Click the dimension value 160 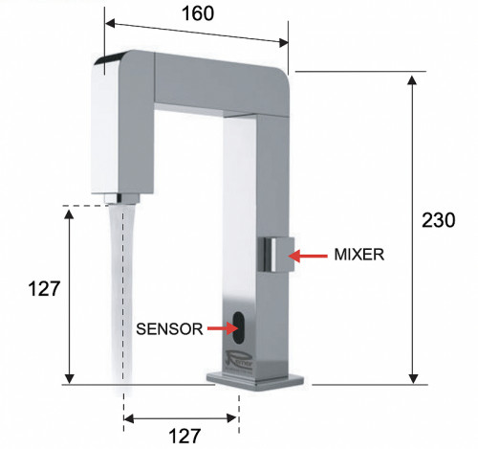tap(196, 13)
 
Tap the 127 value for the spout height tap(43, 288)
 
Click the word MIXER tap(358, 256)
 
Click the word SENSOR tap(168, 328)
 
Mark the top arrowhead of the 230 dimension tap(413, 79)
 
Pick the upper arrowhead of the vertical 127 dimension tap(68, 213)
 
